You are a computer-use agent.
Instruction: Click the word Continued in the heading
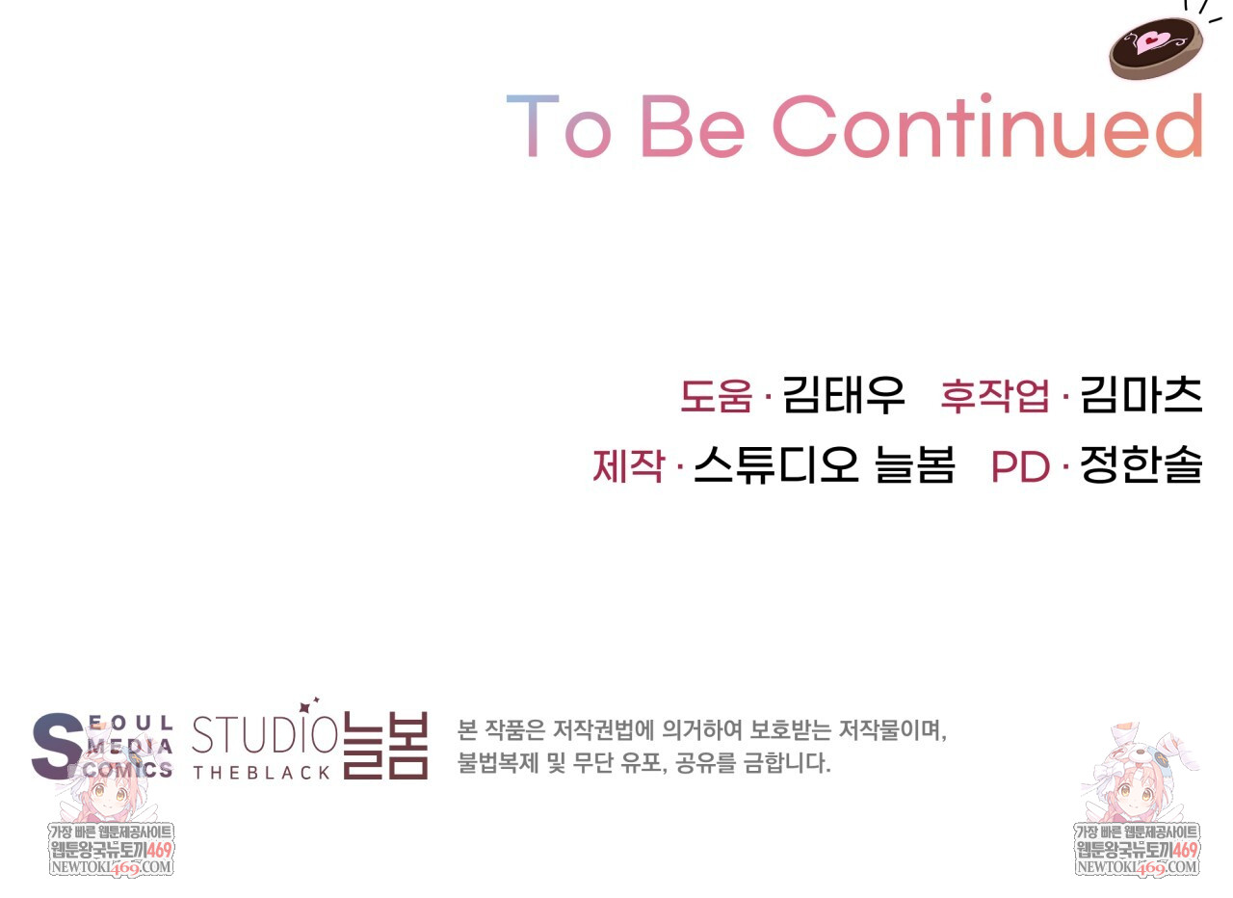[987, 125]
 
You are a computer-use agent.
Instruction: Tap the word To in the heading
[558, 126]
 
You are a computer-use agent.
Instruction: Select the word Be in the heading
[693, 126]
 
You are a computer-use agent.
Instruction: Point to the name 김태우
[843, 395]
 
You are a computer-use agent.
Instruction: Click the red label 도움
[716, 396]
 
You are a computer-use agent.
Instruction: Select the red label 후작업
[995, 395]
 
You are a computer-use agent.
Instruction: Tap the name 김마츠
[1141, 395]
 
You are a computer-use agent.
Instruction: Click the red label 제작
[628, 465]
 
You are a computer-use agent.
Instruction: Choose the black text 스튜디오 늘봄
[824, 465]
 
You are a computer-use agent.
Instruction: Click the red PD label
[1020, 467]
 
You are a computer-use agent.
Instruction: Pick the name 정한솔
[1141, 464]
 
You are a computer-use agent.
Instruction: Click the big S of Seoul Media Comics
[57, 746]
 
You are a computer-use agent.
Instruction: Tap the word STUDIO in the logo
[264, 735]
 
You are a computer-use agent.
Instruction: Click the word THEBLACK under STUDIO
[261, 773]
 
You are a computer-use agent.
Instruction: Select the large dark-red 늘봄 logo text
[385, 746]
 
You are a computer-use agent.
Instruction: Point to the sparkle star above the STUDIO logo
[304, 707]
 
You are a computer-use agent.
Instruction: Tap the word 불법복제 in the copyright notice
[498, 763]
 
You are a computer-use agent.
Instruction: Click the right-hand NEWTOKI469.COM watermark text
[1136, 867]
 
